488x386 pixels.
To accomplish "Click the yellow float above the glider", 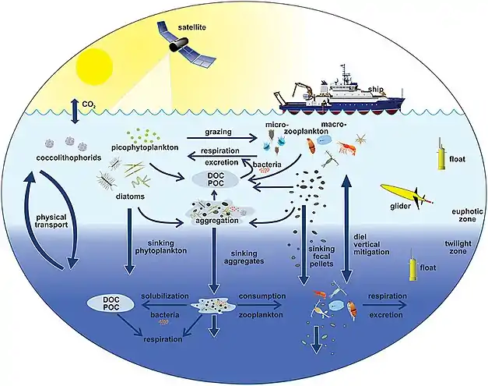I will (441, 160).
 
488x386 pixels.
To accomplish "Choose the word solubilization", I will (165, 298).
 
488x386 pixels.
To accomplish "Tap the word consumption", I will (262, 298).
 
